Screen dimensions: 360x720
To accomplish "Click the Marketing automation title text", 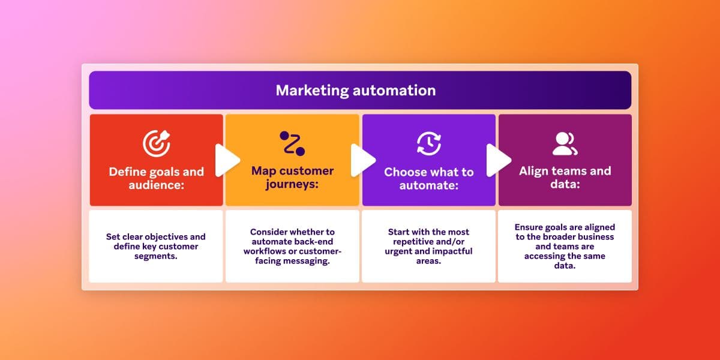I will tap(356, 91).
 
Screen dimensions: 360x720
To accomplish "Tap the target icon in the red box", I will tap(156, 143).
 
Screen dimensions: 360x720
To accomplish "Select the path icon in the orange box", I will tap(292, 143).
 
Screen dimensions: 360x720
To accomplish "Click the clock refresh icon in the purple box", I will tap(428, 143).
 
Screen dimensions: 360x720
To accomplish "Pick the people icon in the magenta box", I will tap(565, 143).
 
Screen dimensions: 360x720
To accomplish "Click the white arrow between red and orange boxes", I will tap(227, 160).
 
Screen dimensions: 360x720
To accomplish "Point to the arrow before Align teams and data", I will tap(498, 160).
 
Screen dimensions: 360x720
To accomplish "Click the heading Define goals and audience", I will tap(156, 178).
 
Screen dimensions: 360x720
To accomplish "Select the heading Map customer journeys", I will tap(292, 178).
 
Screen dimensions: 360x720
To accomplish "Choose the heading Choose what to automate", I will tap(428, 179).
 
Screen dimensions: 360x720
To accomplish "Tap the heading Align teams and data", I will tap(565, 178).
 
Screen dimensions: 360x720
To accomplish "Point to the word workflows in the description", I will tap(266, 251).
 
